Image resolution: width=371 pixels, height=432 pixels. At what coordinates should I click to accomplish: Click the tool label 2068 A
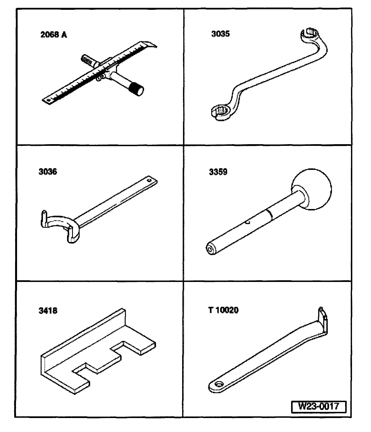pos(54,35)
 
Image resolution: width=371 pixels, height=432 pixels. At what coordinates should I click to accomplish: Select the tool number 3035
pos(220,34)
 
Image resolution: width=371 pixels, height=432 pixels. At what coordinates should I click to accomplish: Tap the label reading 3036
pos(48,172)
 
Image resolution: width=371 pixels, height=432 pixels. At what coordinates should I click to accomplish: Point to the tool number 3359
pos(218,172)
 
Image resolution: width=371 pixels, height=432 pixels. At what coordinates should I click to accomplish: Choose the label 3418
pos(48,310)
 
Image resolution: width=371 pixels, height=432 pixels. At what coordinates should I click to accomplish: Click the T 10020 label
pos(223,310)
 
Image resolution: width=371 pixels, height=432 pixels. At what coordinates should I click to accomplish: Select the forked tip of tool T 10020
pos(323,316)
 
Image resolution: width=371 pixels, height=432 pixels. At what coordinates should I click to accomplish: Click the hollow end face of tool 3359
pos(210,249)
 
